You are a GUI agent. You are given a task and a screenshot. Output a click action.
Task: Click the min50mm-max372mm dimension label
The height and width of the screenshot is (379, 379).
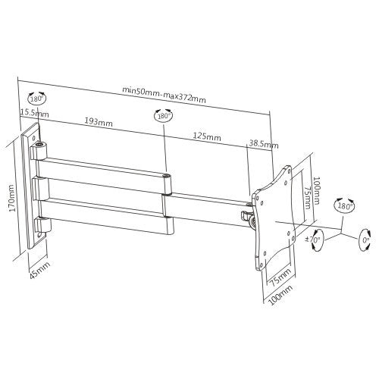(x=164, y=95)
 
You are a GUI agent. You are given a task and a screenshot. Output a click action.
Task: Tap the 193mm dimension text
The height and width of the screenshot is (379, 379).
(x=99, y=122)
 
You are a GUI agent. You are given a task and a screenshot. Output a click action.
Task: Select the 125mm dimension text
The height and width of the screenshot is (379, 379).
(x=207, y=136)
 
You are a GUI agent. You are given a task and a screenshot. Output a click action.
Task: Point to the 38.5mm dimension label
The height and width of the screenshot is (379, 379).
(x=264, y=144)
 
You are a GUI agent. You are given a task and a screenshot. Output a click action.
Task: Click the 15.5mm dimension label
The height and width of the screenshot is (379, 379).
(x=35, y=113)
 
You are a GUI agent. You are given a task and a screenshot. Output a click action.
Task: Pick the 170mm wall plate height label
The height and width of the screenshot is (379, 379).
(x=12, y=199)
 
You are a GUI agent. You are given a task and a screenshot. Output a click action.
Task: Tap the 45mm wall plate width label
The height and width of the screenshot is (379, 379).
(x=40, y=270)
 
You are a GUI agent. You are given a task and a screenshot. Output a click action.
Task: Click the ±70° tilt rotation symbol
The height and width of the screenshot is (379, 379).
(x=315, y=240)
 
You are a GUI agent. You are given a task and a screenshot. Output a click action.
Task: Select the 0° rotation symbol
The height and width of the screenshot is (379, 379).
(x=365, y=240)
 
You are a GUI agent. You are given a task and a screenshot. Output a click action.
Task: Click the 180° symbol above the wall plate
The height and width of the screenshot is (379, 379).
(x=37, y=98)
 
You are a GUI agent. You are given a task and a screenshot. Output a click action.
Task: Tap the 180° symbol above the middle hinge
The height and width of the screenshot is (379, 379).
(x=164, y=116)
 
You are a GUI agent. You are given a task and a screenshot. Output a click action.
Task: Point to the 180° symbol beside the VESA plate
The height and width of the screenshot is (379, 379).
(x=345, y=205)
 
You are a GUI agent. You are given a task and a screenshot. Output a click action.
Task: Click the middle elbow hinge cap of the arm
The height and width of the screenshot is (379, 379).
(x=167, y=176)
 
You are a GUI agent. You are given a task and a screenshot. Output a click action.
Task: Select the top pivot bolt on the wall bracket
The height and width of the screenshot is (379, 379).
(x=39, y=145)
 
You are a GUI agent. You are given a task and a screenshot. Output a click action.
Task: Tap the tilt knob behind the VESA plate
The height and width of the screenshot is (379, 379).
(x=252, y=222)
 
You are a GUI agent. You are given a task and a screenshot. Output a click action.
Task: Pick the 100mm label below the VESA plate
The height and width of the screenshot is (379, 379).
(x=280, y=294)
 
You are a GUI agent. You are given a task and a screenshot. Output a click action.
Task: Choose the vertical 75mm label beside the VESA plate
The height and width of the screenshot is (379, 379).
(x=307, y=198)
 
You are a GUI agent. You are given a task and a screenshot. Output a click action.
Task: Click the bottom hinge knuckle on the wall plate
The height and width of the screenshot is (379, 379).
(x=43, y=225)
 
